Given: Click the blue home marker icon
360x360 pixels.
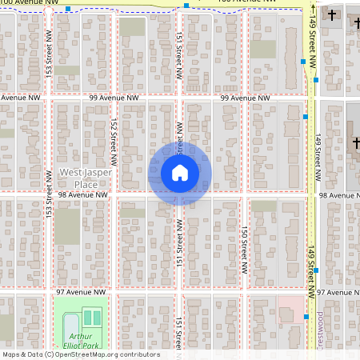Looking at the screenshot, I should [x=179, y=173].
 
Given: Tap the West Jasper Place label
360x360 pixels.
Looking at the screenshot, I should [x=80, y=178].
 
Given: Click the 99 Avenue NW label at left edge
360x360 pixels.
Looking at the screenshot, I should [x=21, y=97].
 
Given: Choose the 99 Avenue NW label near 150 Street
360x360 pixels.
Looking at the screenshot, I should [x=245, y=97].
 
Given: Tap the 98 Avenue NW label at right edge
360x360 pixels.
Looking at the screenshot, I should [x=339, y=194].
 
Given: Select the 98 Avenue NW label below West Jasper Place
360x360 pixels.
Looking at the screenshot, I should [x=82, y=194].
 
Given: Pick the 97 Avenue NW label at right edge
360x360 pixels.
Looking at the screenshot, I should [x=338, y=293].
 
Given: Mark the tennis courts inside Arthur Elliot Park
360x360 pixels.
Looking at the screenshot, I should [x=91, y=318].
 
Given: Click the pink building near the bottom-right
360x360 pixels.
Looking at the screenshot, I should [x=290, y=309].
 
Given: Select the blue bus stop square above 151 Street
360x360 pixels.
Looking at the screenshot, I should [x=186, y=6].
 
